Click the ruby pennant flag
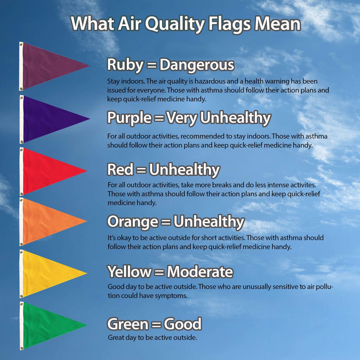pyautogui.click(x=48, y=66)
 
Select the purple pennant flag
pyautogui.click(x=48, y=119)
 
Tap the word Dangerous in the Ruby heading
pyautogui.click(x=197, y=65)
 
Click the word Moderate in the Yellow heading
pyautogui.click(x=200, y=272)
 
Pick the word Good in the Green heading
pyautogui.click(x=183, y=324)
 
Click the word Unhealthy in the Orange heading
pyautogui.click(x=209, y=222)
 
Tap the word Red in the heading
pyautogui.click(x=120, y=170)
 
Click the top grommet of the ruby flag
pyautogui.click(x=21, y=44)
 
